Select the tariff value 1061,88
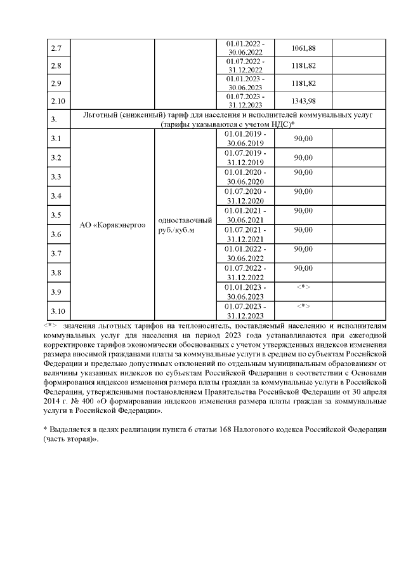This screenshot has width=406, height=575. (303, 48)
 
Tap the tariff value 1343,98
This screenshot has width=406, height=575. (303, 100)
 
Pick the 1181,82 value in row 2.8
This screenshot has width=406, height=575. (303, 65)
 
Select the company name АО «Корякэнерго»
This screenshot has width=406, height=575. (112, 224)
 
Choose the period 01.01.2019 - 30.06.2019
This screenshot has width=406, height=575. (246, 139)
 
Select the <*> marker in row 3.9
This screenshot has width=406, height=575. (303, 287)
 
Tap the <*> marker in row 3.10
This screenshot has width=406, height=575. (303, 306)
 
